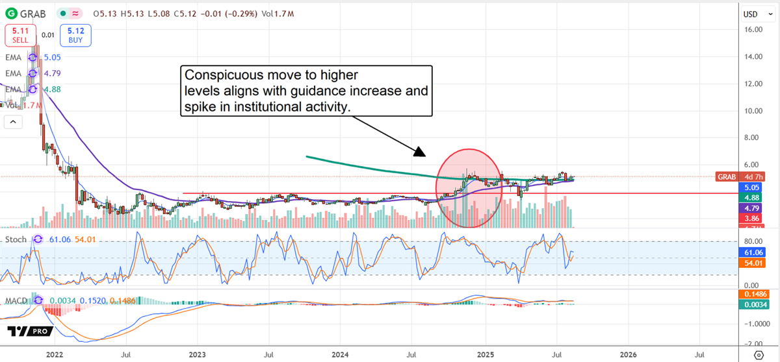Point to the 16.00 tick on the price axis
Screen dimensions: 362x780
[753, 29]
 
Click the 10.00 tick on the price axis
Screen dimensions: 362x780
[753, 110]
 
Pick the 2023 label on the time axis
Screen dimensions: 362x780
[197, 354]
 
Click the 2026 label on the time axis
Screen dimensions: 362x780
[628, 354]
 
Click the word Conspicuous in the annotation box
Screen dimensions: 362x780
[217, 74]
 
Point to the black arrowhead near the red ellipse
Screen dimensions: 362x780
[420, 152]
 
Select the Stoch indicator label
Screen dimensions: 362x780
[16, 239]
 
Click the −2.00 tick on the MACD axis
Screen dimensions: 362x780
[752, 344]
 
